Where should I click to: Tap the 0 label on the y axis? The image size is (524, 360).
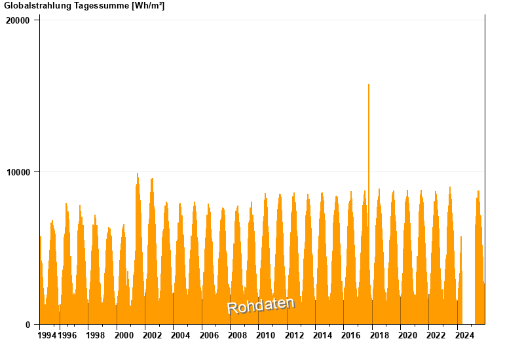[28, 325]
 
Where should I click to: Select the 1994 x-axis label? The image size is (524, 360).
[47, 336]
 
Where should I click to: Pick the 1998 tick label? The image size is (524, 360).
[95, 336]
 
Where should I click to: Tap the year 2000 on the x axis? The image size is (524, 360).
[124, 336]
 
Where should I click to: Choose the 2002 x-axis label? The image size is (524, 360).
[152, 336]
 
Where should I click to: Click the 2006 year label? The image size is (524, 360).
[209, 336]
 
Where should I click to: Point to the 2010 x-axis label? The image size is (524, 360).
[265, 336]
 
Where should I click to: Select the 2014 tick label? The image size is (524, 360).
[322, 336]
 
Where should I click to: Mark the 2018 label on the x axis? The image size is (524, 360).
[379, 336]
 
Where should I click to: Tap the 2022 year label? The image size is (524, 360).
[436, 336]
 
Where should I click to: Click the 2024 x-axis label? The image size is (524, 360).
[464, 336]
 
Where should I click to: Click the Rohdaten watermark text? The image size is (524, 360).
[261, 305]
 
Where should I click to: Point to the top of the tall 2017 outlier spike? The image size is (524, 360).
[369, 85]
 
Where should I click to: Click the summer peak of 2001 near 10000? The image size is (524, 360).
[138, 175]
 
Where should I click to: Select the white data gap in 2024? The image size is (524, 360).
[468, 275]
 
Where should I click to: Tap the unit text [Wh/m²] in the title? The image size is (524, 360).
[148, 6]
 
